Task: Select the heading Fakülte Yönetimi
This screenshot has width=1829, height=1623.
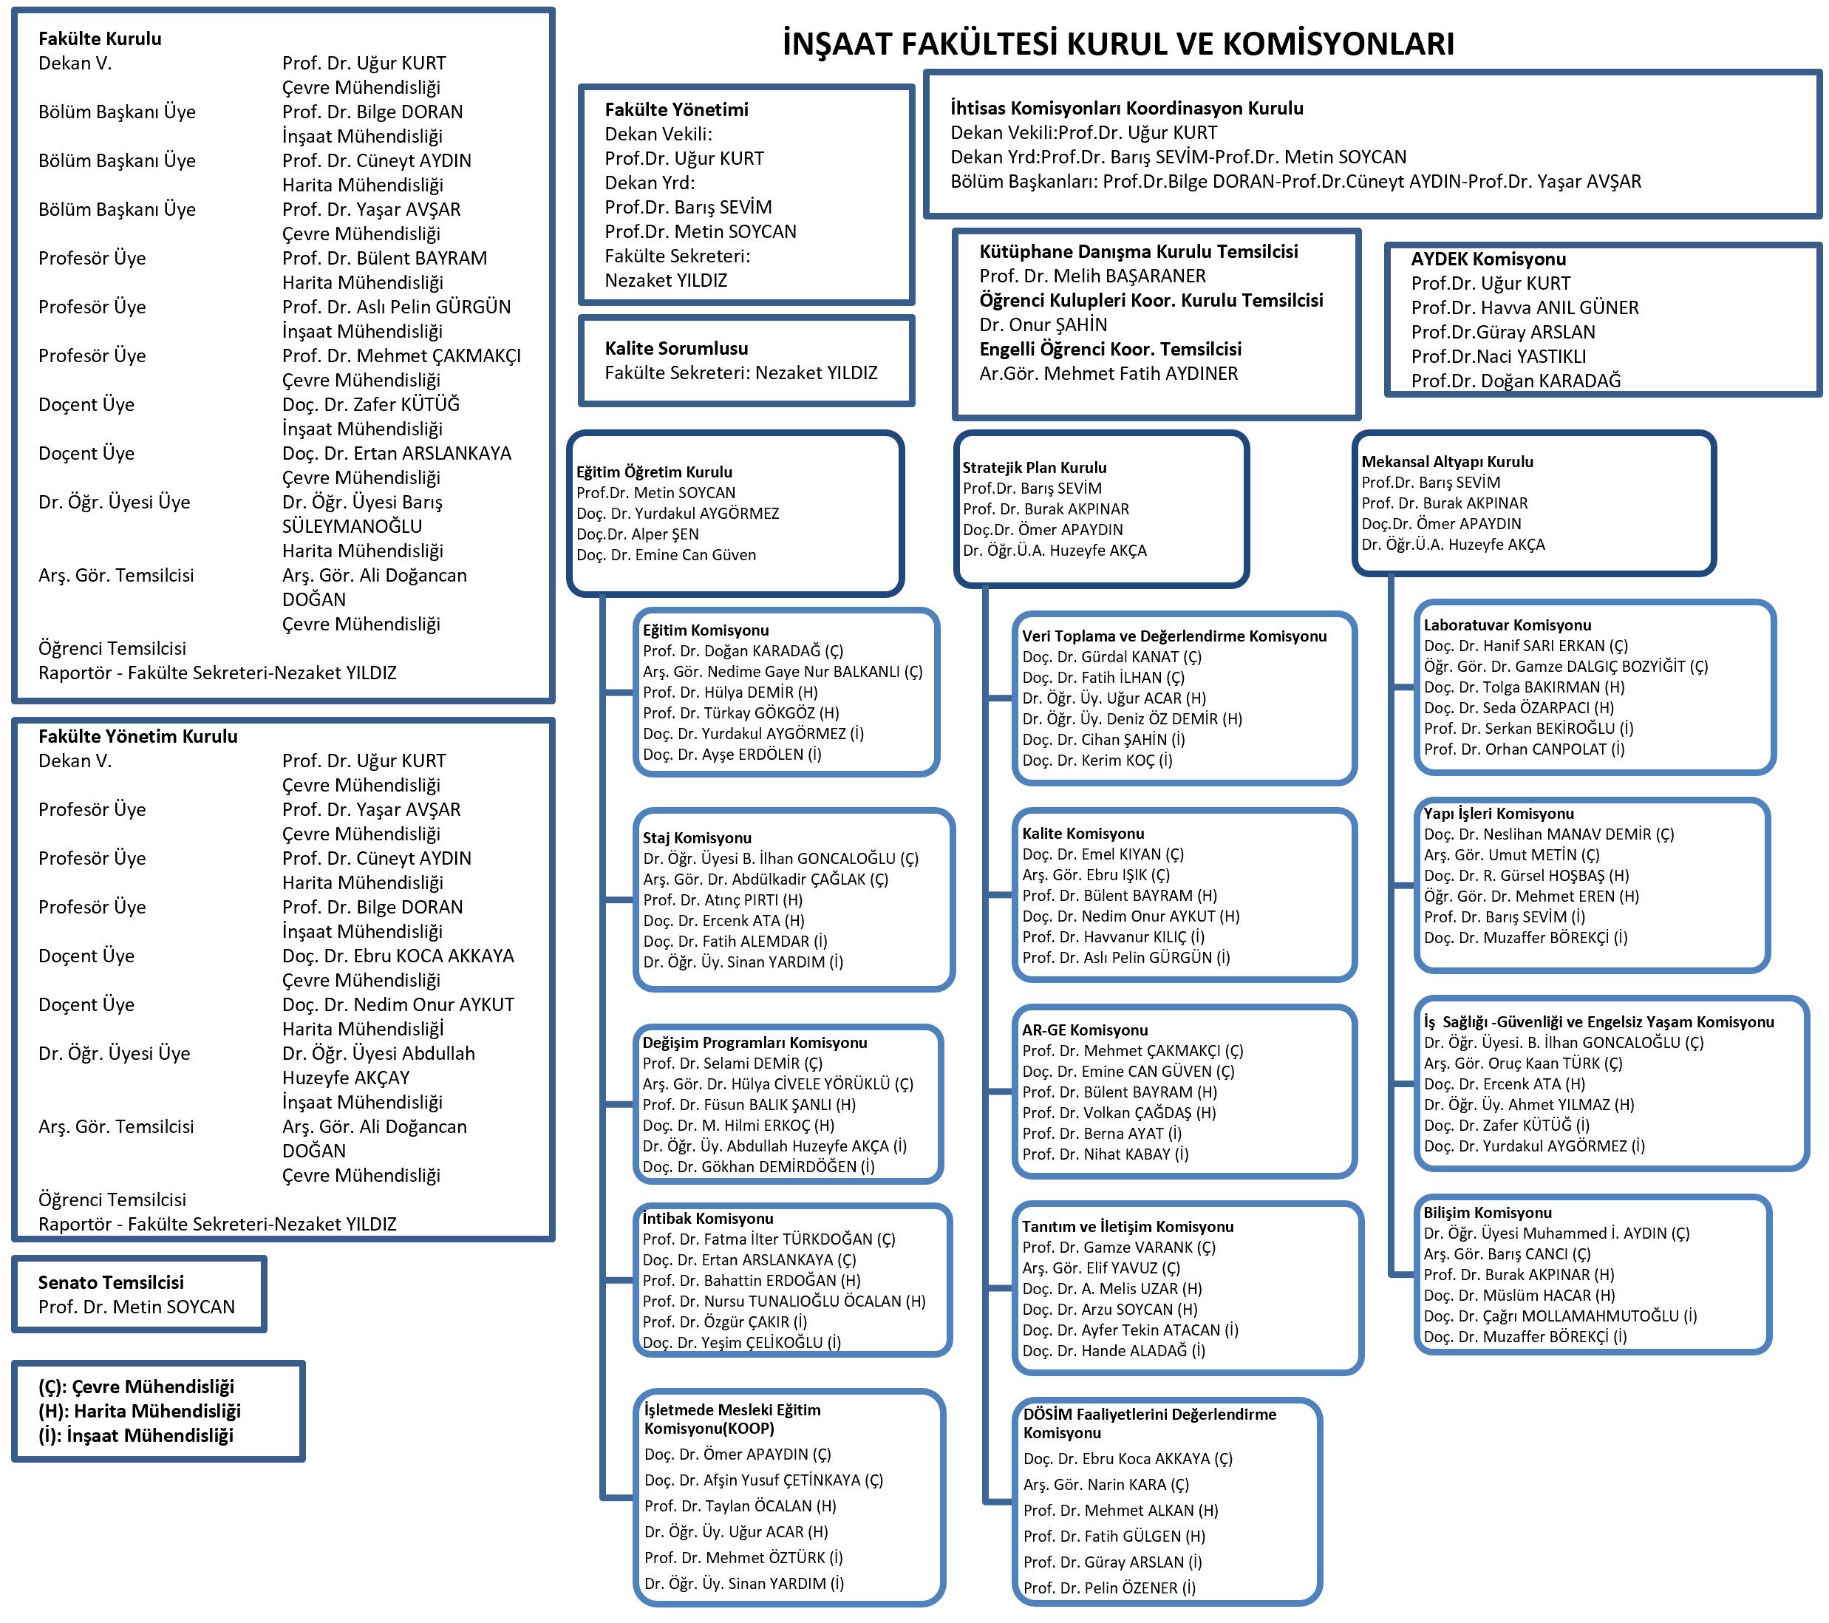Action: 676,110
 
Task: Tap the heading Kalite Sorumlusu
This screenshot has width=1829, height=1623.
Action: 675,348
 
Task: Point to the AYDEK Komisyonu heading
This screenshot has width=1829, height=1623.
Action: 1488,259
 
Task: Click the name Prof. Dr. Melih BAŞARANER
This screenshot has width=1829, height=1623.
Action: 1091,276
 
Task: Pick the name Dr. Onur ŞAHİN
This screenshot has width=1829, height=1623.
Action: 1043,324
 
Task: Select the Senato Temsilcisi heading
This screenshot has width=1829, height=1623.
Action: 111,1282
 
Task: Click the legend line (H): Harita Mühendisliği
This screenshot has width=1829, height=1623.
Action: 139,1411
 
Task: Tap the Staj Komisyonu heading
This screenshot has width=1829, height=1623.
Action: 697,837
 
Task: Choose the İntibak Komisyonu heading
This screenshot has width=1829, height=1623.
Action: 708,1219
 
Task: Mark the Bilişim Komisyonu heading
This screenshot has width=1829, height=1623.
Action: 1487,1212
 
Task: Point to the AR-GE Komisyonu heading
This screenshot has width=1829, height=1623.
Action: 1085,1030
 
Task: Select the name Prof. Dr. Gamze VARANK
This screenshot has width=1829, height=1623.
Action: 1119,1248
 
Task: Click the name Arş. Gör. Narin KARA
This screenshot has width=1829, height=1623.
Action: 1106,1484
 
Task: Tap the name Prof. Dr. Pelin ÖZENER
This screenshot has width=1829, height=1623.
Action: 1108,1588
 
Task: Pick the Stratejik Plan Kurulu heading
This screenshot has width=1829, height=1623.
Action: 1035,467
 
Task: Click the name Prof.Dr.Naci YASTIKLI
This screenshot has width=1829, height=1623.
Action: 1498,356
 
